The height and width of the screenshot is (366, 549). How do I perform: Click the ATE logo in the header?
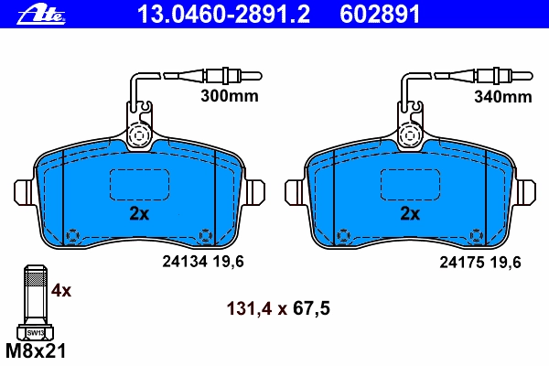coord(41,15)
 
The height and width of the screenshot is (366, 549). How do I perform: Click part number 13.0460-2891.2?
coord(224,15)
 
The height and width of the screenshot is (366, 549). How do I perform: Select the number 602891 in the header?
coord(380,15)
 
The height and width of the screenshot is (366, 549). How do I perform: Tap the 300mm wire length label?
coord(230,95)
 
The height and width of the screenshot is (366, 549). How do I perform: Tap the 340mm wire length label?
coord(503,96)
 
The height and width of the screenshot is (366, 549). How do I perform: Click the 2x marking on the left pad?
coord(139,213)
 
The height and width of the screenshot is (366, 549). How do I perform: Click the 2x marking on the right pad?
coord(410,213)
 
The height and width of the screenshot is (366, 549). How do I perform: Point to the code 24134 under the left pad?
coord(186,262)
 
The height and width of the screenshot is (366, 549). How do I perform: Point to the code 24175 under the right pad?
coord(462,262)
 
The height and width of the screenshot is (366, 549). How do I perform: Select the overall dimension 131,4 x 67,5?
coord(278,308)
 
